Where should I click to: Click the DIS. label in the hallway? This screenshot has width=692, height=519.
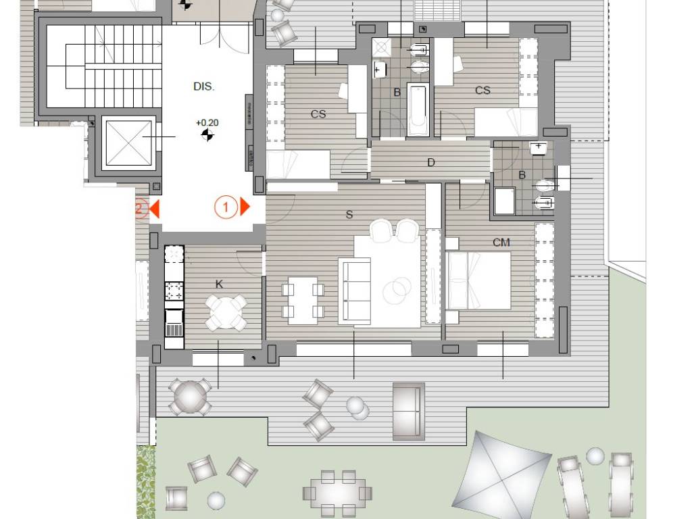click(x=204, y=86)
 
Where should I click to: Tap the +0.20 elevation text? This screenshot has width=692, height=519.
click(x=207, y=123)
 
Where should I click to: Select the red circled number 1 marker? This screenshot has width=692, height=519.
click(x=226, y=207)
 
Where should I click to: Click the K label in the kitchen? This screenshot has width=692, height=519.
click(x=220, y=285)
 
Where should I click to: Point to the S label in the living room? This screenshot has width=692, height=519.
click(x=349, y=215)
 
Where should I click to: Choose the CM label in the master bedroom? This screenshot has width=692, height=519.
click(x=501, y=243)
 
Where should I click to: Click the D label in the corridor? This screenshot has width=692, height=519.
click(x=431, y=162)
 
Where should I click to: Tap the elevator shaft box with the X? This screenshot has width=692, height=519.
click(x=129, y=143)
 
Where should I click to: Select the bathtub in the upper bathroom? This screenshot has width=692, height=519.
click(x=418, y=109)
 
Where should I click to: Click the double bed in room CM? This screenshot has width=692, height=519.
click(x=479, y=280)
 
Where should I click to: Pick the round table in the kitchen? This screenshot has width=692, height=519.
click(x=226, y=312)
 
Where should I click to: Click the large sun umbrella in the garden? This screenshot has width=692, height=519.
click(x=502, y=476)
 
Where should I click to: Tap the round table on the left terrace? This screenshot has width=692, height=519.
click(x=189, y=397)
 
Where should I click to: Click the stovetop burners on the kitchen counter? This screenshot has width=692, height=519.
click(x=174, y=291)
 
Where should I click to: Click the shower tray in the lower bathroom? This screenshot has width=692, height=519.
click(x=504, y=201)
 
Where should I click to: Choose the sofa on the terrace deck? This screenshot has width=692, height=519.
click(x=409, y=412)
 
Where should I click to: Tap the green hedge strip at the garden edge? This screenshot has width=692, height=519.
click(x=146, y=482)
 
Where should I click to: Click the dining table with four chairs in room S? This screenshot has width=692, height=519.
click(x=303, y=301)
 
